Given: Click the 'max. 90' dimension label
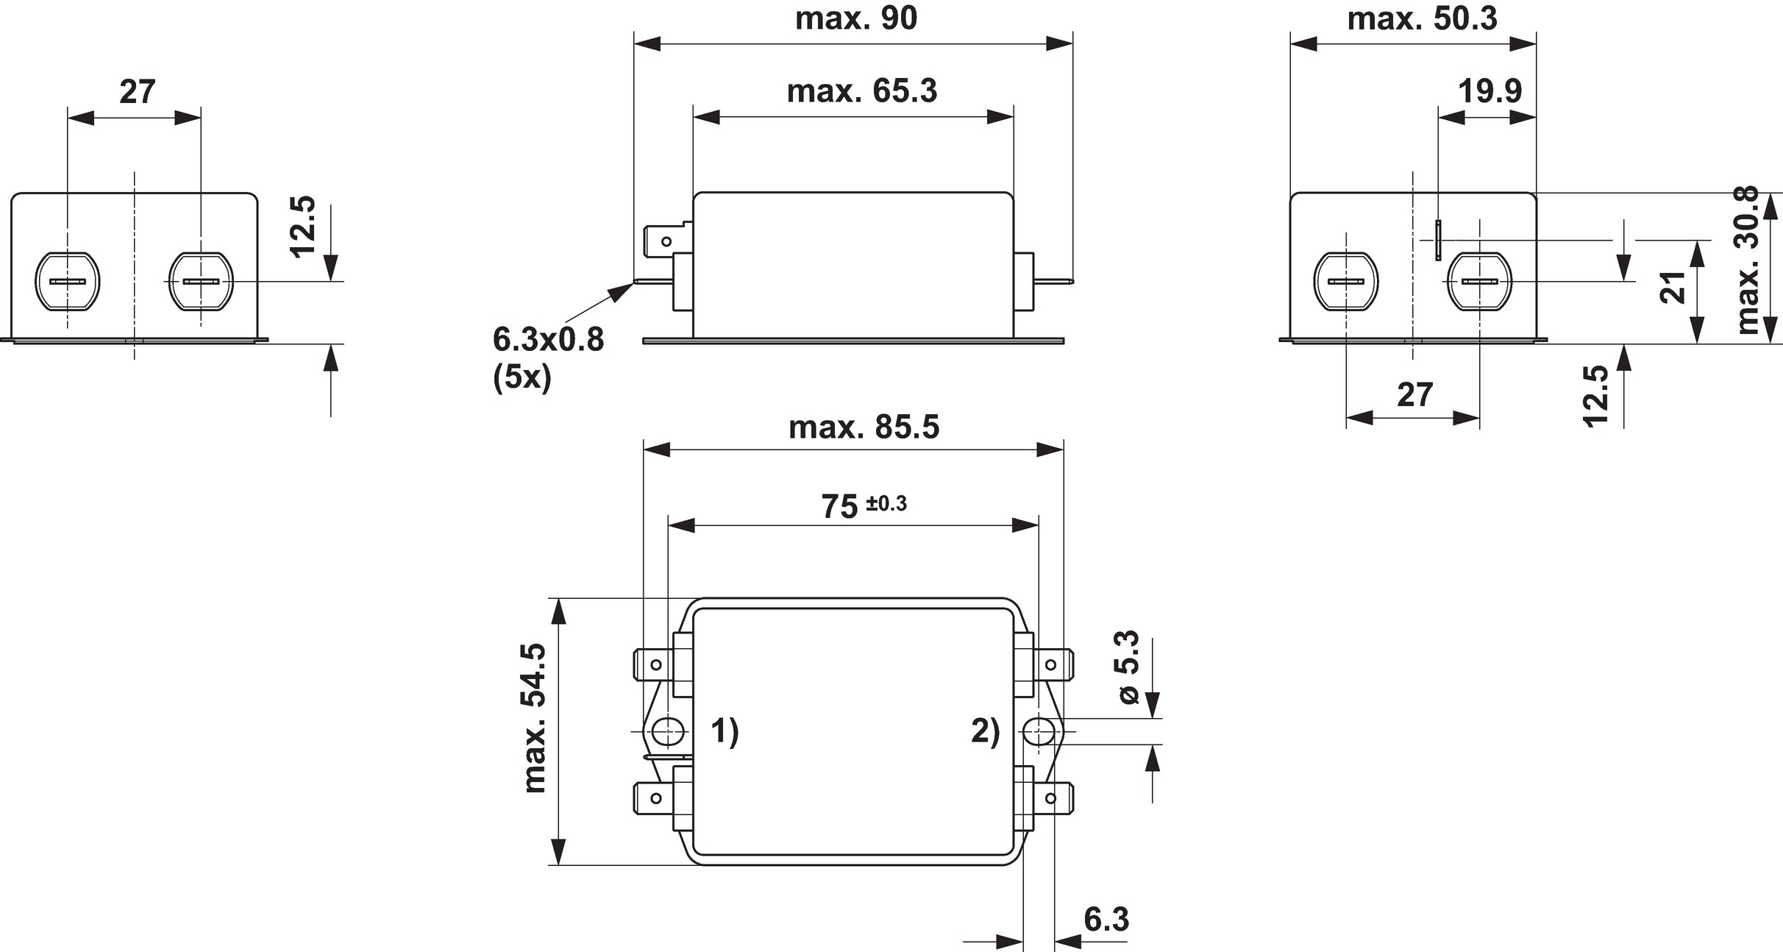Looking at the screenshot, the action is tap(856, 18).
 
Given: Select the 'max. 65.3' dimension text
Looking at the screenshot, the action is tap(862, 91).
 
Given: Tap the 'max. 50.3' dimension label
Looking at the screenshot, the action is tap(1422, 18).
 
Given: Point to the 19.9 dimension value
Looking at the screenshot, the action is tap(1490, 91).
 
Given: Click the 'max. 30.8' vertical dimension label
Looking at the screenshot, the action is tap(1747, 260).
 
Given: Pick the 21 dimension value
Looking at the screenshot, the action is tap(1673, 287).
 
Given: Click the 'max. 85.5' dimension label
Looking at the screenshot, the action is tap(864, 427).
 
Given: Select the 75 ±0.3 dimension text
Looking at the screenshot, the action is tap(864, 506).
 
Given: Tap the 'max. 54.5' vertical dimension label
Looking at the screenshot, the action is tap(535, 717).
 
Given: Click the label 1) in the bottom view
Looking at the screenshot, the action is tap(724, 733).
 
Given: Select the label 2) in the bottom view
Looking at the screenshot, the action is tap(986, 733).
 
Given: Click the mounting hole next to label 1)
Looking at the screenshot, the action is tap(667, 732).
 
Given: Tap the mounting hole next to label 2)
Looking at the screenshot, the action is tap(1038, 732).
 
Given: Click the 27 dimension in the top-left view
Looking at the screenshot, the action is tap(138, 92).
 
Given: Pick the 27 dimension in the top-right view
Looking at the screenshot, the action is tap(1414, 395).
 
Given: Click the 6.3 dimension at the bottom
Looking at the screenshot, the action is tap(1106, 920).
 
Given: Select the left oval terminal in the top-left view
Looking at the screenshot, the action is tap(68, 282).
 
